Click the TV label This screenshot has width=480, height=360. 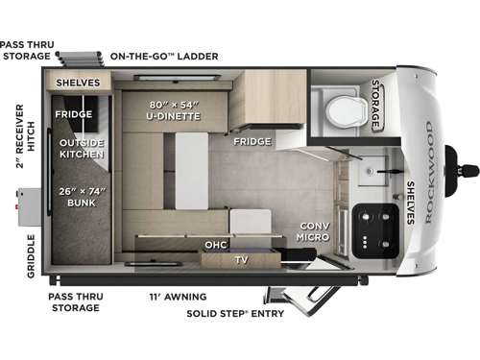coord(241,258)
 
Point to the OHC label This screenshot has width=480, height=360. coord(215,244)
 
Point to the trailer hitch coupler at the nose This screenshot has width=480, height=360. coord(468,172)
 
